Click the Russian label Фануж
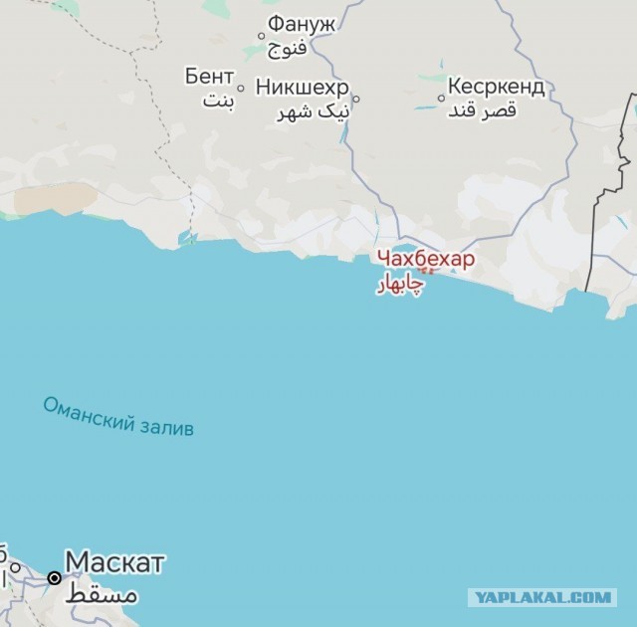(302, 24)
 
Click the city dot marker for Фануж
(262, 37)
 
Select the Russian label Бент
(209, 77)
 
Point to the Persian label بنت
(217, 100)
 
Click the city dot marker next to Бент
(241, 87)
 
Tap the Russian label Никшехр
(303, 87)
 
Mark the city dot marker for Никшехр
(356, 99)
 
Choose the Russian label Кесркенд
(496, 87)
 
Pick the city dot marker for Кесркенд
(441, 98)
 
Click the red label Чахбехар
(425, 259)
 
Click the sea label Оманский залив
(118, 416)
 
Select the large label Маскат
(114, 563)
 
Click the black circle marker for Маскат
(54, 577)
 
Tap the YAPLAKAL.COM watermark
(541, 597)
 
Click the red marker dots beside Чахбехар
(426, 270)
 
